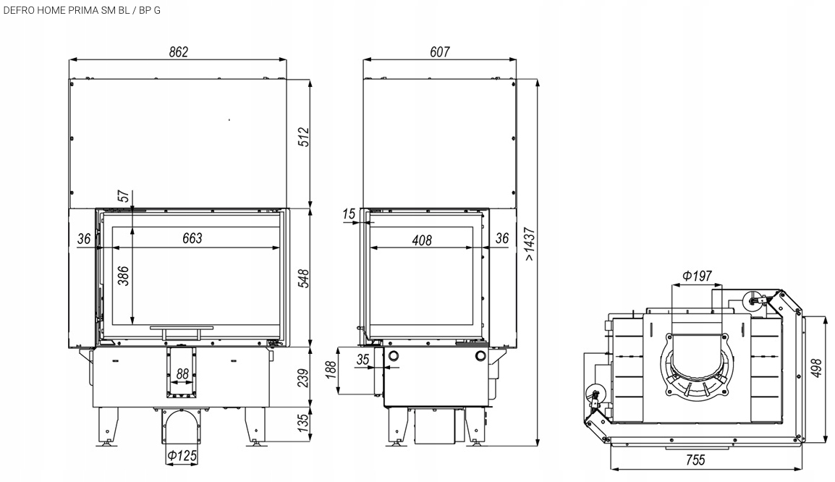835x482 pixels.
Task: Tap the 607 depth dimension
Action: [439, 52]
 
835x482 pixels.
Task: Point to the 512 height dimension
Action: [303, 138]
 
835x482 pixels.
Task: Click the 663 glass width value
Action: [192, 238]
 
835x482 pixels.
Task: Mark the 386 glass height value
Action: [123, 276]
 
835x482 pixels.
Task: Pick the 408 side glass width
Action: [422, 240]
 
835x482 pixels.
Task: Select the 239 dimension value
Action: [303, 378]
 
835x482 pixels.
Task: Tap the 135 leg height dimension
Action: [303, 422]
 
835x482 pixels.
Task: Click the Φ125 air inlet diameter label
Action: [182, 456]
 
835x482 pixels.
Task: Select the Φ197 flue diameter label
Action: [697, 276]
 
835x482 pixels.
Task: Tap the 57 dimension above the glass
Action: [123, 195]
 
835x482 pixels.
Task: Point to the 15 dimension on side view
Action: [349, 214]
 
